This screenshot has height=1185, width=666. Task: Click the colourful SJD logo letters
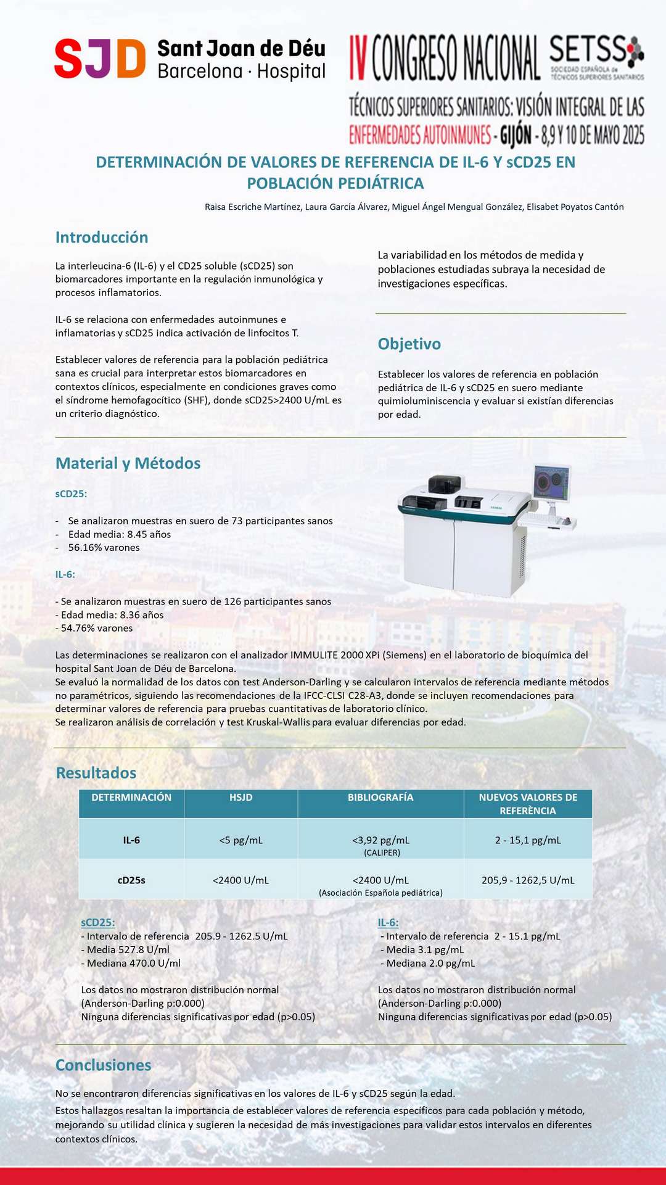[100, 59]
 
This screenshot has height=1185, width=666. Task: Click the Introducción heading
[102, 237]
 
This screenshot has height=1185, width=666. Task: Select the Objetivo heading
[409, 344]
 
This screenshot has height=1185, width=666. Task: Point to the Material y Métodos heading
[128, 463]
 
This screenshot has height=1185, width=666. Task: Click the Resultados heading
[96, 773]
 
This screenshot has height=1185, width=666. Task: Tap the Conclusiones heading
[103, 1065]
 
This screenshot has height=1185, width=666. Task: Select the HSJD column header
[240, 798]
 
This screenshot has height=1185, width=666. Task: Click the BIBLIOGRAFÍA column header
[380, 798]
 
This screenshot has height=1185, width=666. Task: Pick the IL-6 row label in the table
[131, 840]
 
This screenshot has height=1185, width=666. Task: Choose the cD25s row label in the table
[131, 880]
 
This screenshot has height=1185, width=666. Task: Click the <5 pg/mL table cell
[240, 840]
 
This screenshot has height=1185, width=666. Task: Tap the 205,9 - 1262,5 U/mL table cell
[528, 880]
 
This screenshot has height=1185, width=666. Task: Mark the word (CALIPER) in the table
[382, 853]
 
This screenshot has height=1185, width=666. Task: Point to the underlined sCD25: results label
[98, 922]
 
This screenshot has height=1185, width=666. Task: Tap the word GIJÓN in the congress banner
[516, 135]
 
